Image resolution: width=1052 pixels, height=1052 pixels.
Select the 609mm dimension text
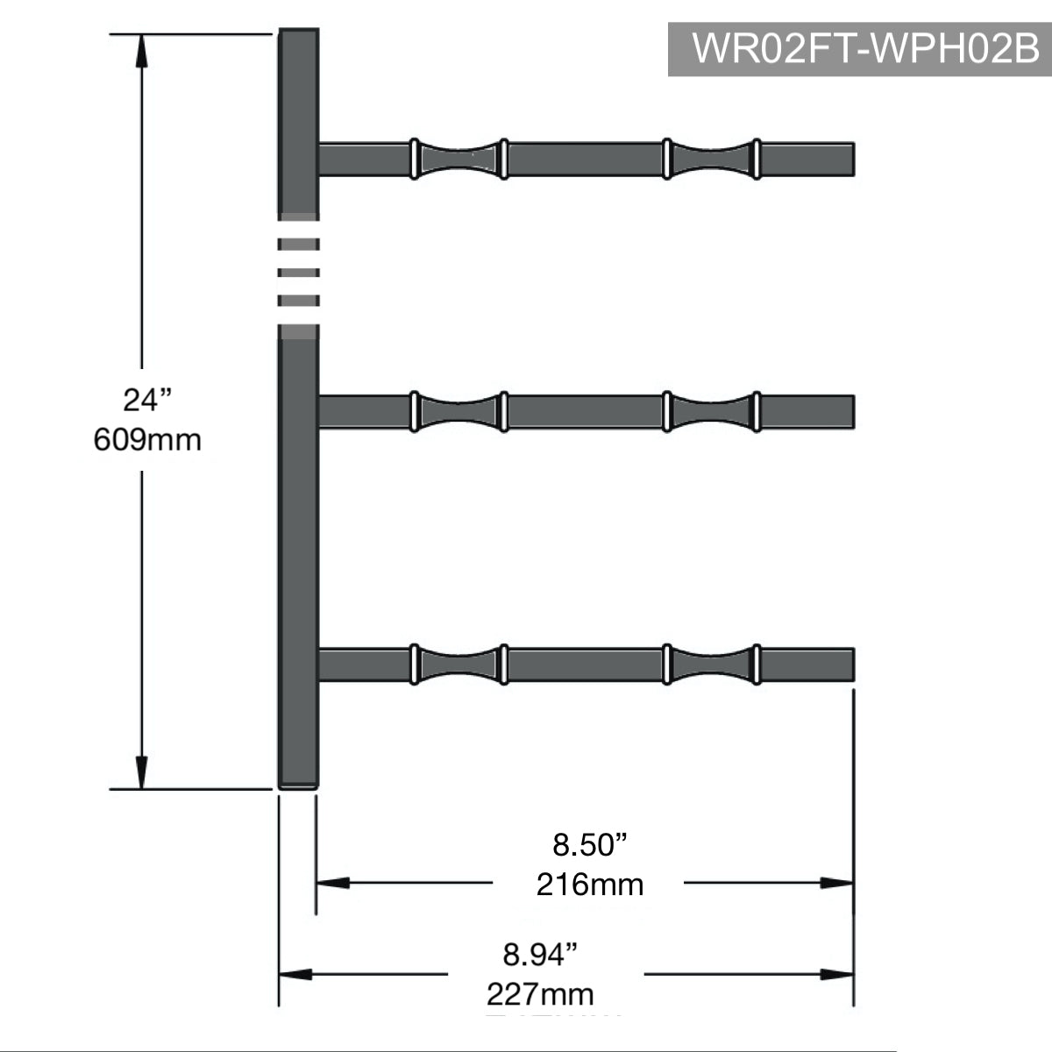(147, 438)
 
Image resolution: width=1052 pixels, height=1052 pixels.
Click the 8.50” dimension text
(590, 845)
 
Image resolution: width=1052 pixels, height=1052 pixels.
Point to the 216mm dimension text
(590, 884)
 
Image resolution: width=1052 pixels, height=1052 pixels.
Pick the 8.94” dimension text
(541, 955)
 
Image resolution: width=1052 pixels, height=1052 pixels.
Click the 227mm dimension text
(541, 994)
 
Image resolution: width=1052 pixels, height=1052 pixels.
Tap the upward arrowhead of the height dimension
(141, 48)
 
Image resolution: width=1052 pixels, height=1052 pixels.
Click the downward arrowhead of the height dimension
(141, 774)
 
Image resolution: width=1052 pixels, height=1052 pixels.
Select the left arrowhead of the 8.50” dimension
(332, 883)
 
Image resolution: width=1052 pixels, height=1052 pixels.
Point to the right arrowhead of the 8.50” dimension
(837, 883)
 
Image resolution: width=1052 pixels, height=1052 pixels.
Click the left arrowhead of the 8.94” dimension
(295, 974)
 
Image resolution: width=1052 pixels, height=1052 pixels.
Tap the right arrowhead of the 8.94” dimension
(837, 974)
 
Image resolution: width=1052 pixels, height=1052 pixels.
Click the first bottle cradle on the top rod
(458, 159)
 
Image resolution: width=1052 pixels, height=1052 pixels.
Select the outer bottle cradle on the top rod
(711, 159)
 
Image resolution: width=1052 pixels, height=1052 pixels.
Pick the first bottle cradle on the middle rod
(458, 411)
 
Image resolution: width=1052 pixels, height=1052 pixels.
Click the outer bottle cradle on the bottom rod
(711, 664)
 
